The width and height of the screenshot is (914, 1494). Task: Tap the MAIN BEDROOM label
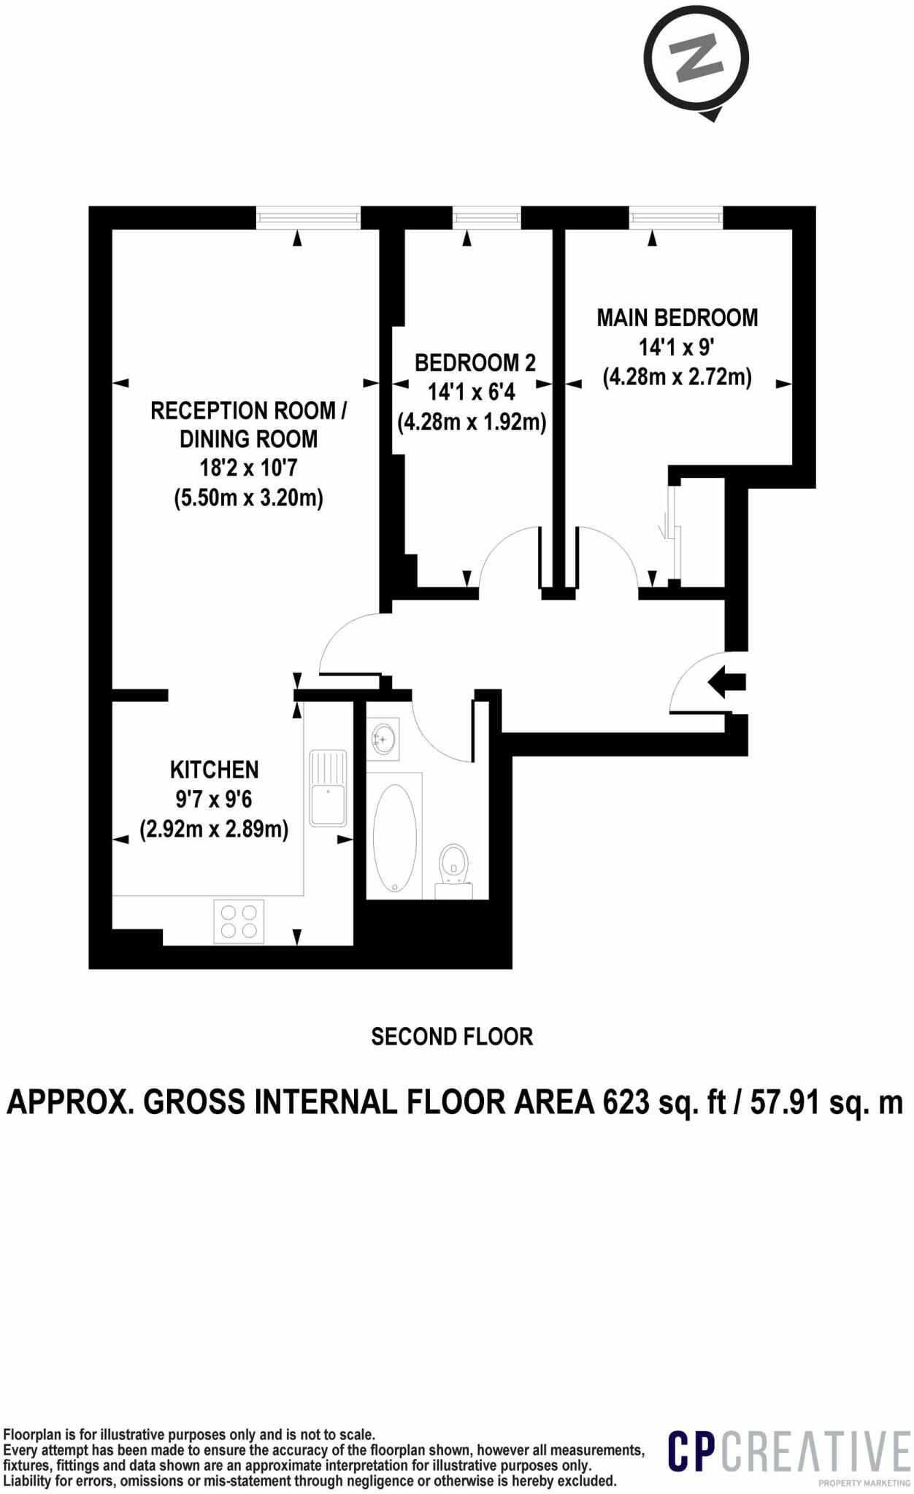point(677,318)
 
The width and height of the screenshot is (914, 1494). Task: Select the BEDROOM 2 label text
point(475,363)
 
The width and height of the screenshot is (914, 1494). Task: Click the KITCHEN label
point(214,770)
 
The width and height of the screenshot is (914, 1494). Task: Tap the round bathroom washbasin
point(383,739)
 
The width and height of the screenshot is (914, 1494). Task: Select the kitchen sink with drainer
point(327,787)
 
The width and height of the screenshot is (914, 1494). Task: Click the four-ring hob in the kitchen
point(239,921)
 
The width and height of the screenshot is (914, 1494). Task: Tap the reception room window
point(309,217)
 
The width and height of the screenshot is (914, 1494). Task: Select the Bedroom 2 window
point(486,217)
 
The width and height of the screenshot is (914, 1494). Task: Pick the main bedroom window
point(676,217)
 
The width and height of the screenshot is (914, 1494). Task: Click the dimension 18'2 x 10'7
point(248,468)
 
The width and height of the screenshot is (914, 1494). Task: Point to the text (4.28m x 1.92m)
point(472,422)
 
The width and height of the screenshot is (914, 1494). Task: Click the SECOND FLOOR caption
point(452,1037)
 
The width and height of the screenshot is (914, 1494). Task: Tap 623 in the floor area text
point(626,1103)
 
